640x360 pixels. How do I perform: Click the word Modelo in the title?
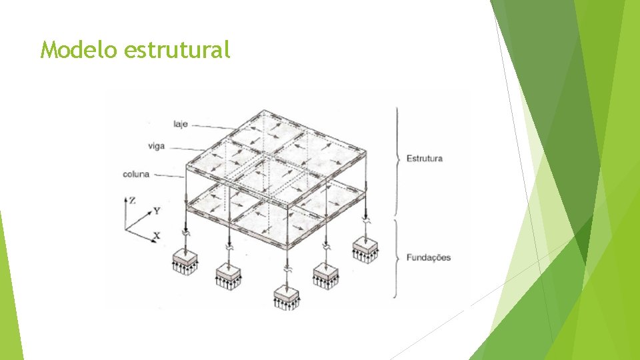79,50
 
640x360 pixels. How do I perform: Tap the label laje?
180,124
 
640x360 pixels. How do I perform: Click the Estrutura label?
424,159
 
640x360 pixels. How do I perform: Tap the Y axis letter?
156,211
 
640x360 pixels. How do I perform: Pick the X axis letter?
157,235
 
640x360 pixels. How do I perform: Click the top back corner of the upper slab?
265,110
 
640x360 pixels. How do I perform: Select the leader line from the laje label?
213,126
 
